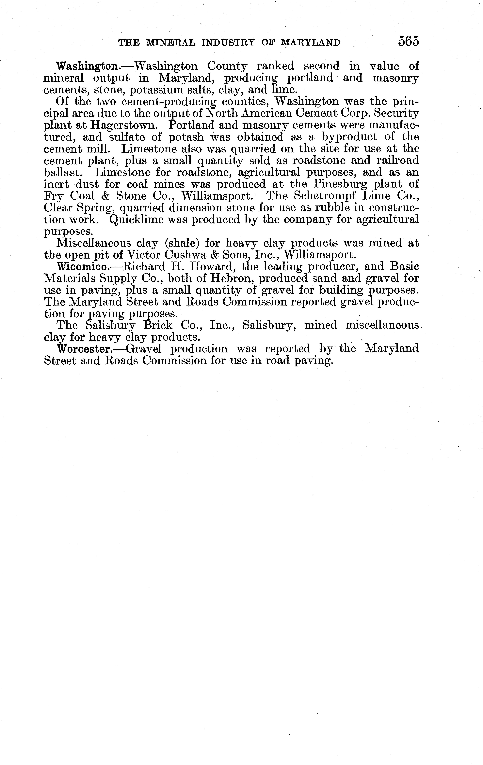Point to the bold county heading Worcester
coord(83,349)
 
